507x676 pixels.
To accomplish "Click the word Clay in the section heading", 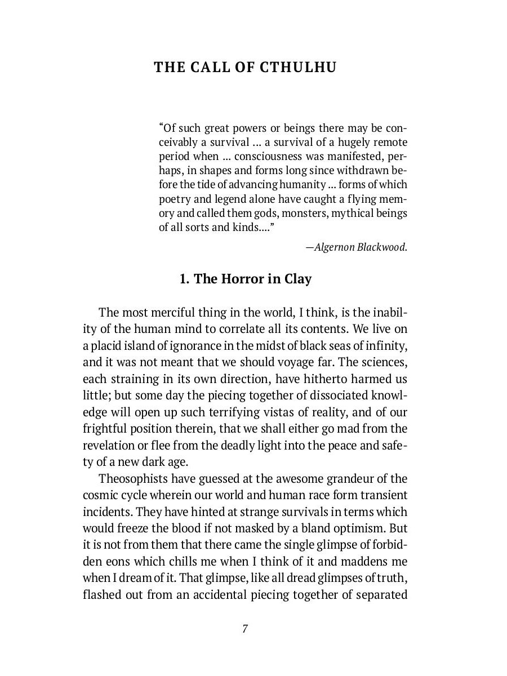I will (297, 279).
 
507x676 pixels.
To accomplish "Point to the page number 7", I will (245, 629).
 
